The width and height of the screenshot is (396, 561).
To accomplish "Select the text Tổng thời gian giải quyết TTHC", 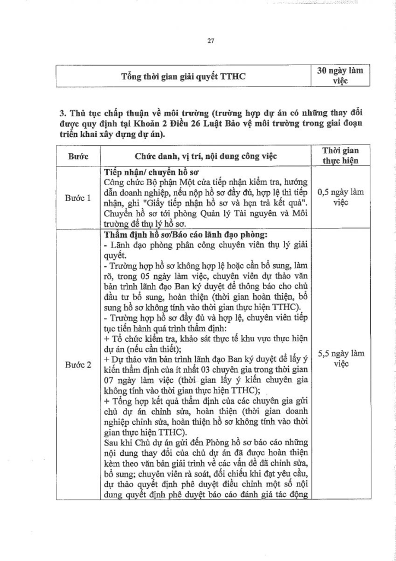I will point(183,76).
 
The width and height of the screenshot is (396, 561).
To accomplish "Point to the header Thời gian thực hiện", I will point(340,155).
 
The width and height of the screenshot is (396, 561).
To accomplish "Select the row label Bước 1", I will point(78,198).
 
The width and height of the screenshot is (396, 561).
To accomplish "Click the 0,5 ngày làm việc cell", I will point(340,197).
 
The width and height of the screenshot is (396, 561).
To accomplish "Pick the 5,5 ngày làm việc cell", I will point(340,359).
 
